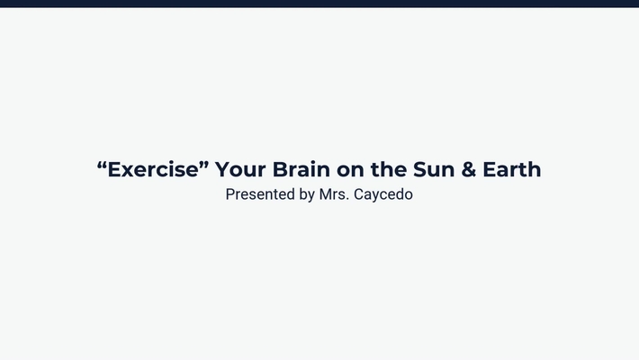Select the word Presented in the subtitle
point(260,194)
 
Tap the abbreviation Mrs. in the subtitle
point(335,194)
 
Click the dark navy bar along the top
point(319,4)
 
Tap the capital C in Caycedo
point(361,194)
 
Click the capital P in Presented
point(230,194)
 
